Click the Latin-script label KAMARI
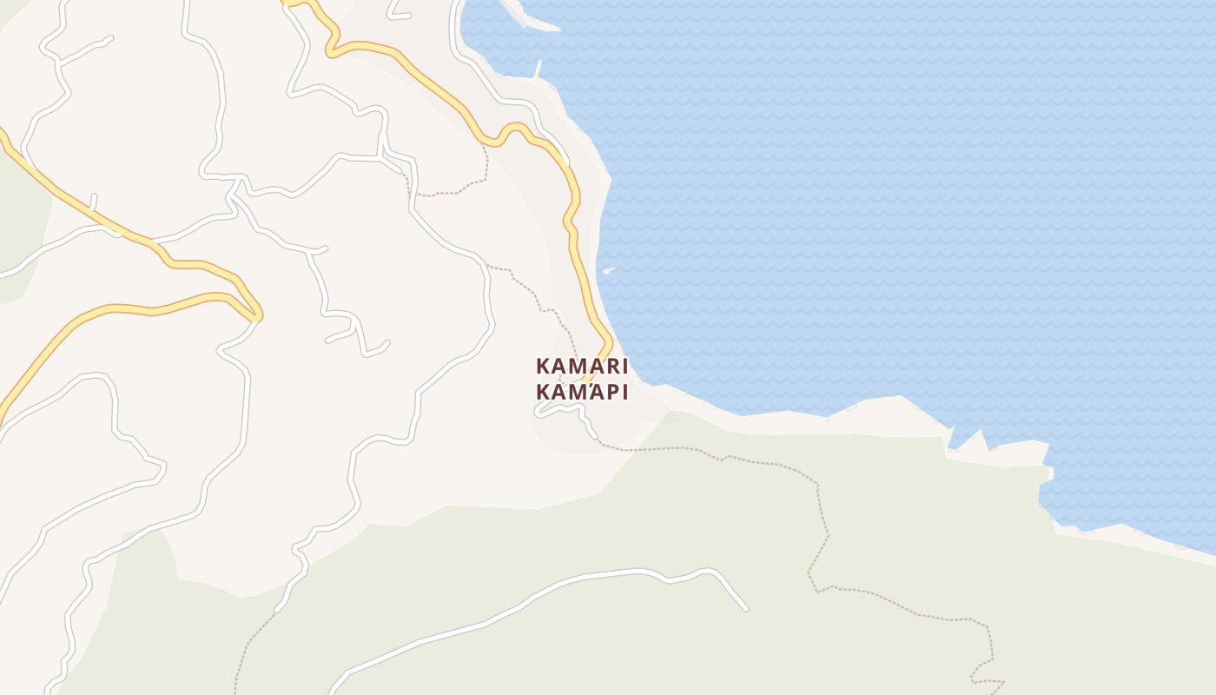coord(582,366)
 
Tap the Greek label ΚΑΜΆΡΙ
coord(582,392)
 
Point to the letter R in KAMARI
coord(608,366)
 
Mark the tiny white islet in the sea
coord(609,271)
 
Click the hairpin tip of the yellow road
coord(258,314)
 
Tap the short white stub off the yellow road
coord(93,202)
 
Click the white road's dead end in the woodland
coord(745,609)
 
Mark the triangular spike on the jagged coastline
coord(979,434)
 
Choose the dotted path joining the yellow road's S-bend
coord(485,165)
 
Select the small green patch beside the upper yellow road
coord(22,217)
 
